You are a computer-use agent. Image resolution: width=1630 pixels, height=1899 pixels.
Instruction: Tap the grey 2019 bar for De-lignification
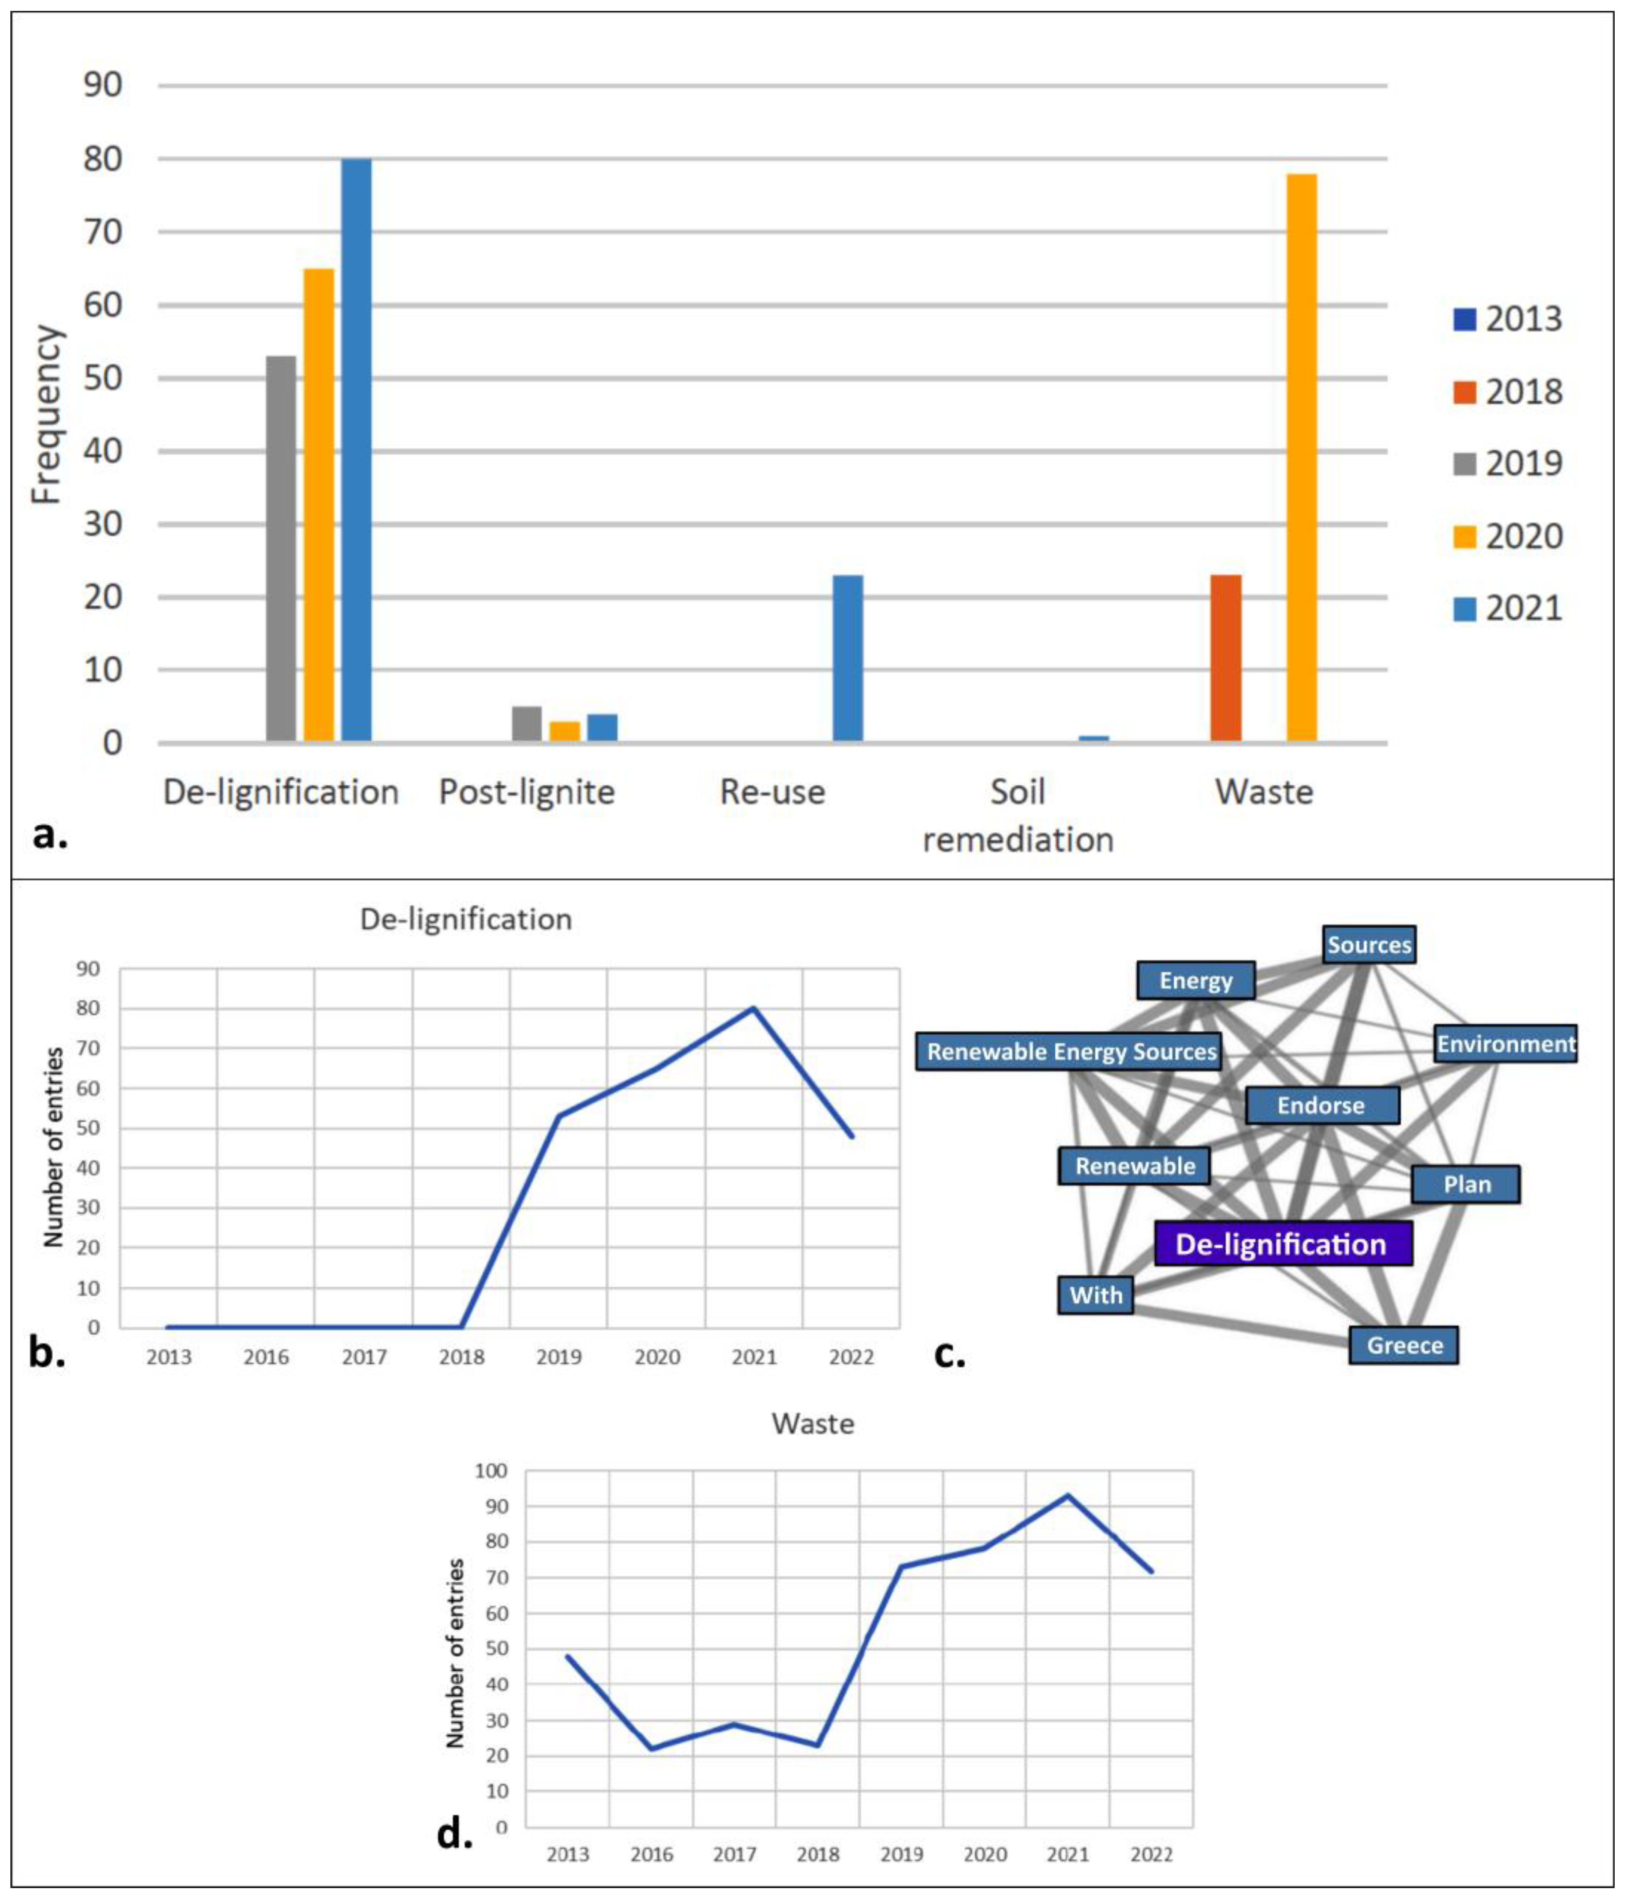tap(281, 548)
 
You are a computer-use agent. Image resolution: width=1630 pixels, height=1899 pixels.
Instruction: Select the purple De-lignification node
tap(1282, 1244)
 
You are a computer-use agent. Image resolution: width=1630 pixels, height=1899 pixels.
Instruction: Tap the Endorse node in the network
tap(1321, 1105)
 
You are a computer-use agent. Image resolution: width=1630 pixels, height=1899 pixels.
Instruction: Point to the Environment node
tap(1505, 1044)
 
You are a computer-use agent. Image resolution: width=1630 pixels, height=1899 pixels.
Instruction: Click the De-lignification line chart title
tap(466, 919)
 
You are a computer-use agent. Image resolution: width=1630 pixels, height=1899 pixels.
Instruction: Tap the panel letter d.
tap(455, 1834)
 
